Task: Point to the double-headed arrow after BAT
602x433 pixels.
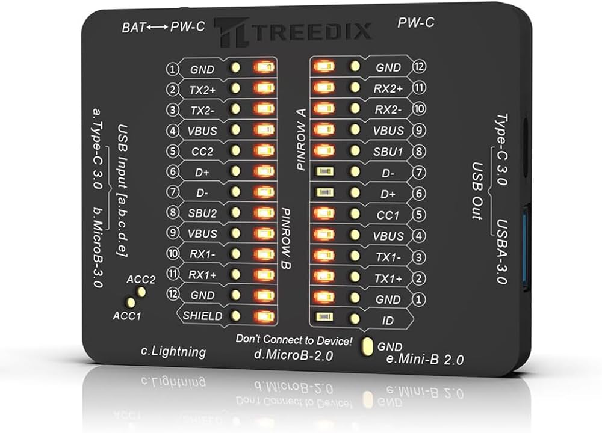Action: tap(157, 28)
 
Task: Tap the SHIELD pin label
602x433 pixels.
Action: tap(202, 316)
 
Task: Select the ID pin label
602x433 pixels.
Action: tap(388, 321)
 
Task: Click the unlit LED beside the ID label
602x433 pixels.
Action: tap(324, 317)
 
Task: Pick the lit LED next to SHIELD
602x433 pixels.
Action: tap(264, 316)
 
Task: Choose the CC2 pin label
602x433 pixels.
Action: tap(202, 152)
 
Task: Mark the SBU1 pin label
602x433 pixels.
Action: tap(388, 152)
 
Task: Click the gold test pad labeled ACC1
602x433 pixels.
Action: tap(131, 302)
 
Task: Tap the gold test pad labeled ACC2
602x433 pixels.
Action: tap(141, 292)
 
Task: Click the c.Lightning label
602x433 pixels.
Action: tap(173, 351)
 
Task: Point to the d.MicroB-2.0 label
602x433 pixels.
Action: tap(293, 355)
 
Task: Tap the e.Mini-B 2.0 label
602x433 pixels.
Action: tap(425, 360)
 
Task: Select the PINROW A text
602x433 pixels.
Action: tap(302, 140)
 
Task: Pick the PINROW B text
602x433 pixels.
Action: tap(287, 239)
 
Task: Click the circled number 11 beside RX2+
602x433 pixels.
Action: tap(419, 88)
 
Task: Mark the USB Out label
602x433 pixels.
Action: tap(477, 191)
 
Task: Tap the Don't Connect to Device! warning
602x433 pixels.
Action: tap(294, 340)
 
